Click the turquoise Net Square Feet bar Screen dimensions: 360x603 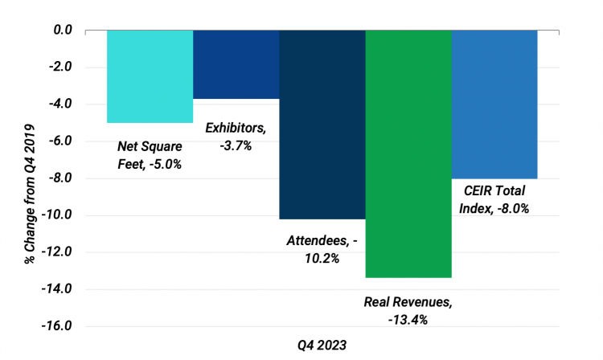pyautogui.click(x=150, y=76)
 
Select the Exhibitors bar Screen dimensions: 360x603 pyautogui.click(x=236, y=64)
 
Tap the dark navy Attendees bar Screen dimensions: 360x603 pyautogui.click(x=322, y=125)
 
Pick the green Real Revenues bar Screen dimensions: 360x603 pyautogui.click(x=408, y=153)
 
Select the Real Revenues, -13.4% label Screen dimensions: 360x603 pyautogui.click(x=408, y=311)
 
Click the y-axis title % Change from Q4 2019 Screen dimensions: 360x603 pyautogui.click(x=29, y=178)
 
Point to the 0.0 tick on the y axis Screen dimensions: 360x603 pyautogui.click(x=62, y=31)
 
